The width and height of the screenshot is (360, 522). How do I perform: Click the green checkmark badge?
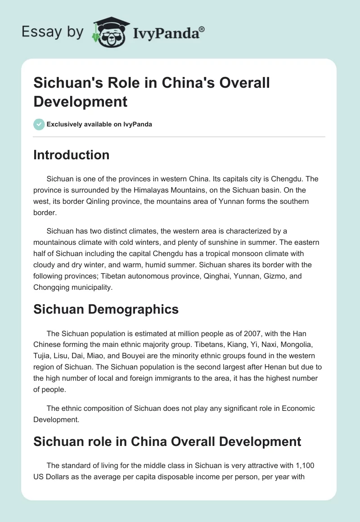coord(39,124)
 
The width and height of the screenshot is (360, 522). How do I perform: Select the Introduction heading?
coord(72,155)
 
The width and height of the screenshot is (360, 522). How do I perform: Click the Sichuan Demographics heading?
coord(106,309)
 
